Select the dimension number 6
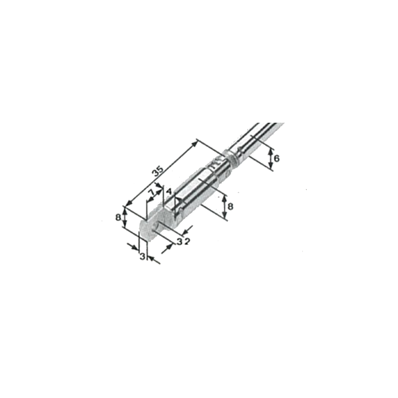pyautogui.click(x=276, y=159)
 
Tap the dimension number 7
pyautogui.click(x=151, y=193)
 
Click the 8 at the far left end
pyautogui.click(x=118, y=218)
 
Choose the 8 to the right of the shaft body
pyautogui.click(x=230, y=207)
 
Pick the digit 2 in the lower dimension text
pyautogui.click(x=187, y=242)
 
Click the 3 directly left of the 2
pyautogui.click(x=180, y=242)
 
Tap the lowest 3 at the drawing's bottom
pyautogui.click(x=143, y=256)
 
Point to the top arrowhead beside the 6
pyautogui.click(x=270, y=151)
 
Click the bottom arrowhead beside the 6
pyautogui.click(x=270, y=166)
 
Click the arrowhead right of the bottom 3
pyautogui.click(x=151, y=258)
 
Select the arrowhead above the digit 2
pyautogui.click(x=187, y=231)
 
